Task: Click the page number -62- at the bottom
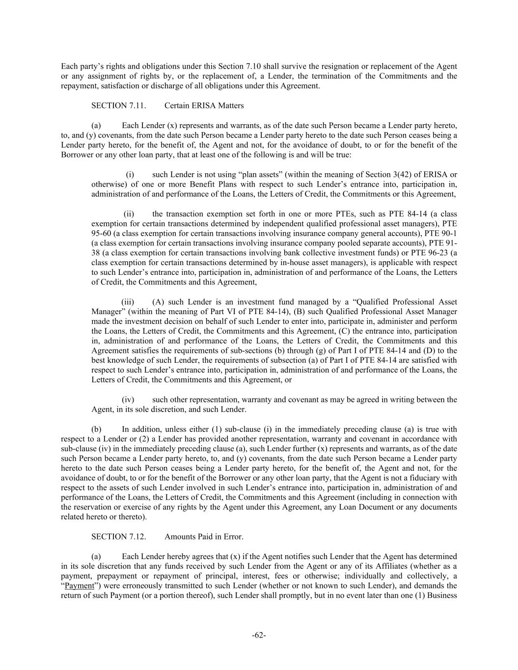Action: [259, 635]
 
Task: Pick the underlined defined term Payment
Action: [79, 586]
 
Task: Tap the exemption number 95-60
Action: [101, 233]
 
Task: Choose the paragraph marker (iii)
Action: [128, 302]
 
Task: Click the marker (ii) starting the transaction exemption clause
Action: [129, 214]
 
